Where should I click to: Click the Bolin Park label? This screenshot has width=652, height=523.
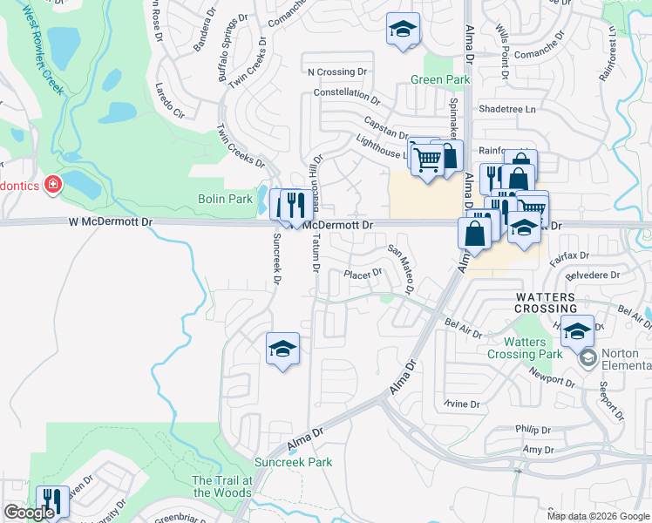225,200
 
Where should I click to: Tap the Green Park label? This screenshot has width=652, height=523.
440,80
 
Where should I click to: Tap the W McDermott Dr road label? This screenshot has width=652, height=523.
110,222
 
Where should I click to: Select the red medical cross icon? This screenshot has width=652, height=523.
53,185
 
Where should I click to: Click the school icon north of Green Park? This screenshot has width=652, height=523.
403,29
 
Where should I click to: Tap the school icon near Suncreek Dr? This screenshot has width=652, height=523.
282,349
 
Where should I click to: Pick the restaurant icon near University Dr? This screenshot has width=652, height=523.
52,501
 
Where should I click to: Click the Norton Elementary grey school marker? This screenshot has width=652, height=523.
588,357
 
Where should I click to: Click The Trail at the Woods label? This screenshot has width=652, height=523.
222,486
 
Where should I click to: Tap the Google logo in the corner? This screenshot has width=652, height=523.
29,513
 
